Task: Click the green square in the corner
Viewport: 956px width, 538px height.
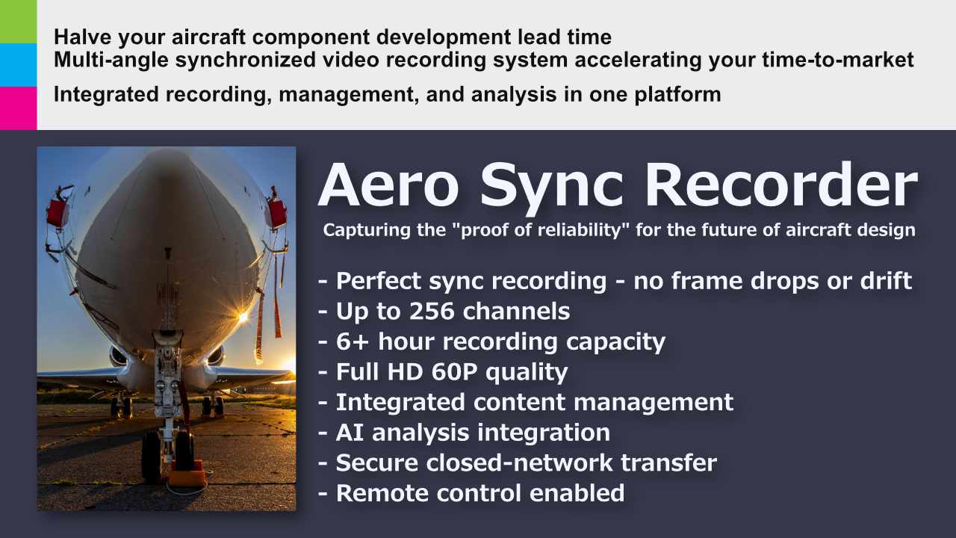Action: (18, 22)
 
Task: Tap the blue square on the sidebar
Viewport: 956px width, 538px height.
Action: (18, 65)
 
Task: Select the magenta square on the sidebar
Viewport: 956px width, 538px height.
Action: (18, 108)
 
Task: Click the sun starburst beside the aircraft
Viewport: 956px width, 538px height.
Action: (242, 318)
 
